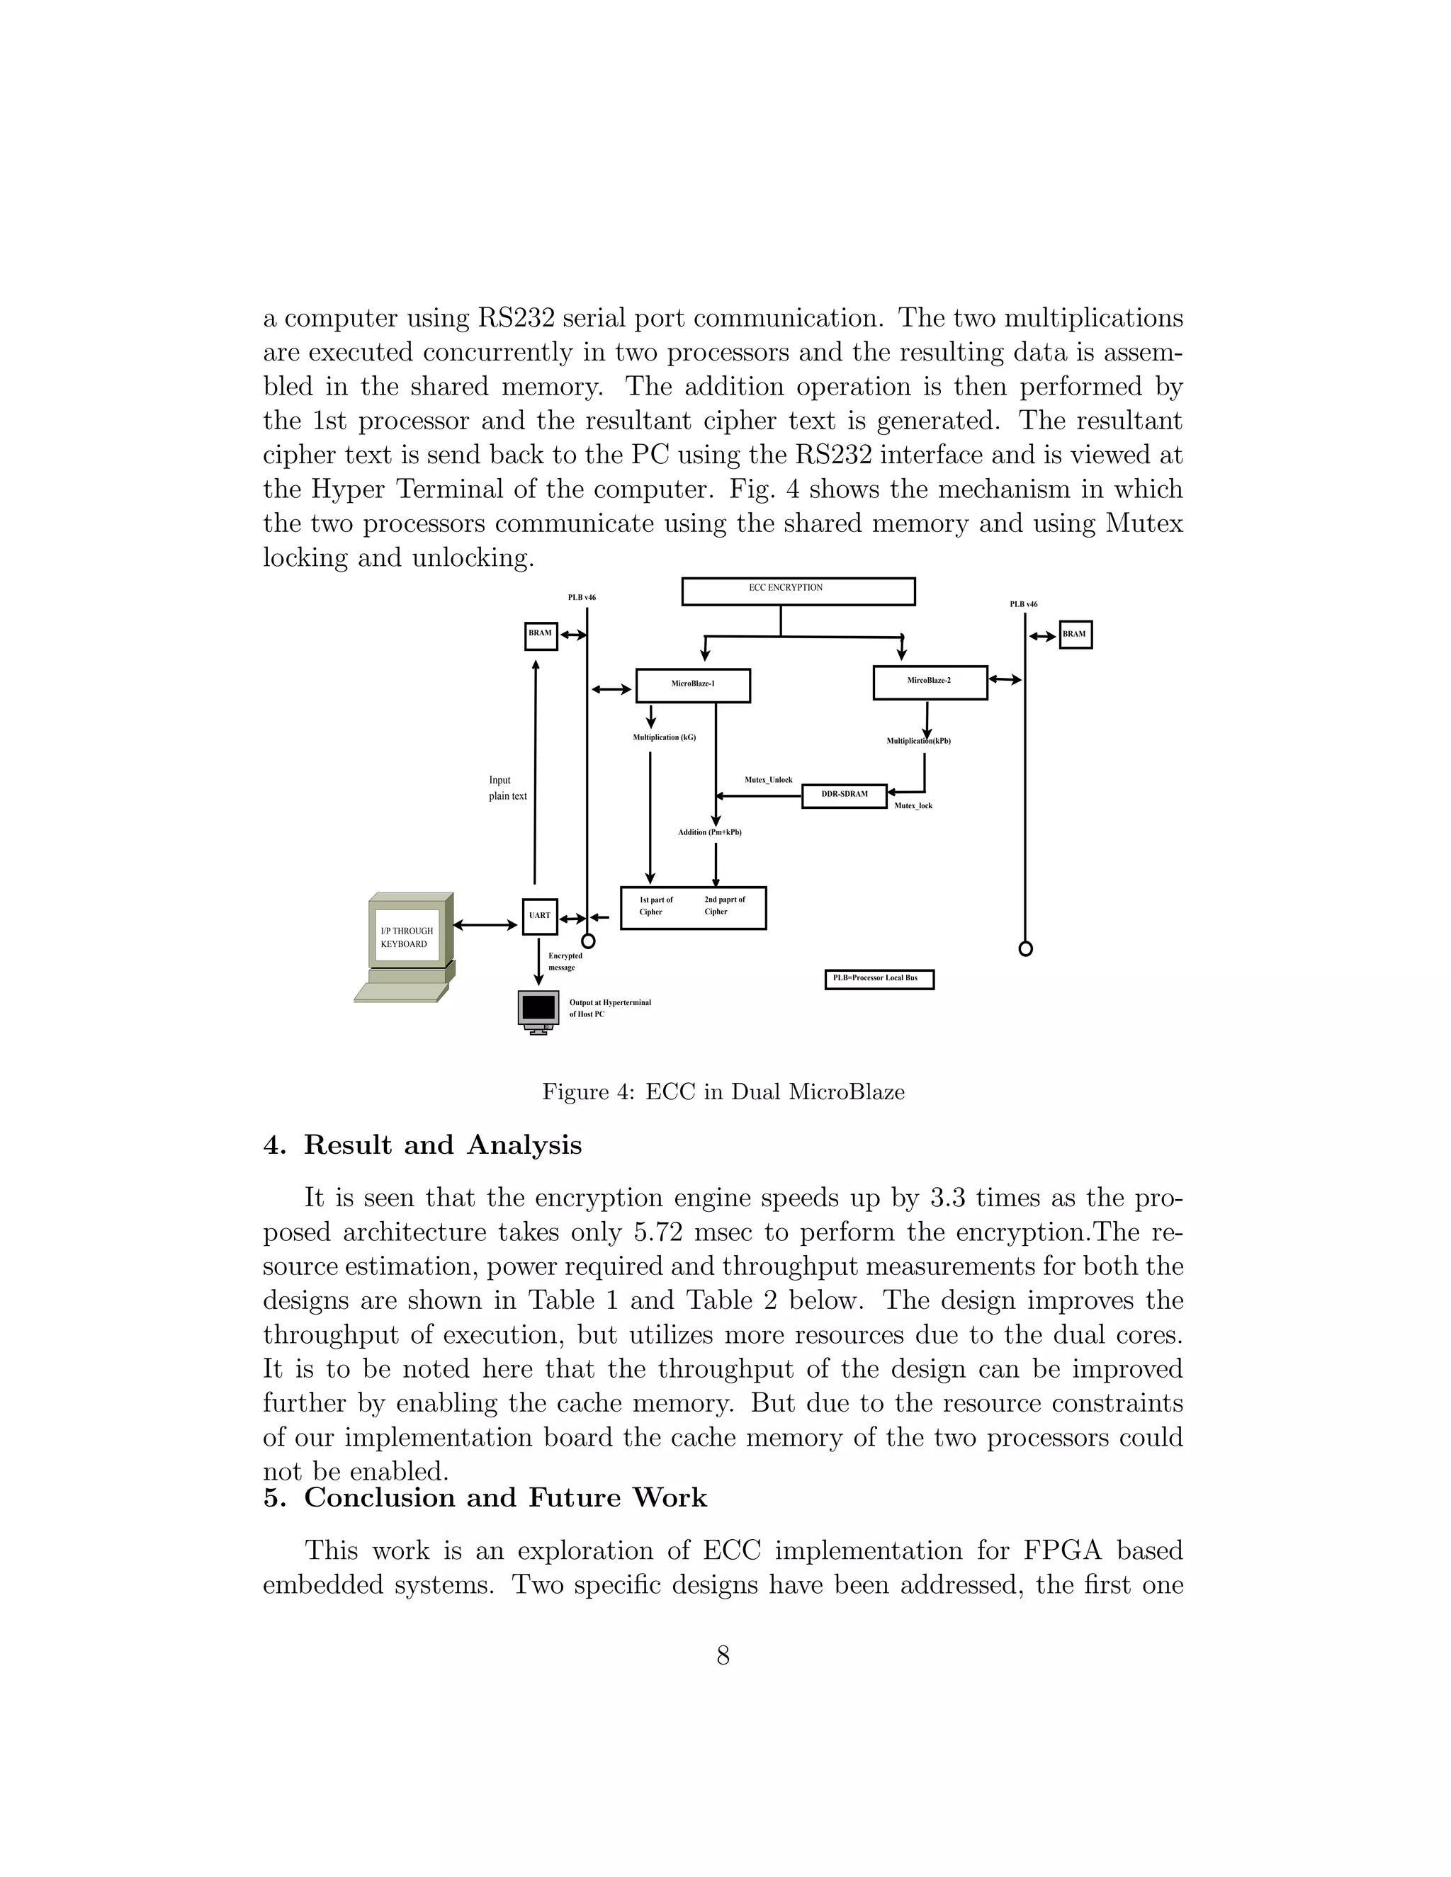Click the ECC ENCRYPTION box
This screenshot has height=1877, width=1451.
[798, 591]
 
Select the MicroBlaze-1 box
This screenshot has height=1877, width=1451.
[693, 685]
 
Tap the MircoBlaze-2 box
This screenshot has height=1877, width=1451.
[930, 681]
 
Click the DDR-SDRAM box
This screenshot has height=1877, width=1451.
[844, 795]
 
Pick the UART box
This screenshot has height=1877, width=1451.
[540, 916]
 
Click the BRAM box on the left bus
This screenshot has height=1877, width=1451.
[541, 635]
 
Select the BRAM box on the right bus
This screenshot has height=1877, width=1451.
[1075, 634]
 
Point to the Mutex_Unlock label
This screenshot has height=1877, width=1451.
[769, 780]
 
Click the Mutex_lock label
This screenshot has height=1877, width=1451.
[913, 806]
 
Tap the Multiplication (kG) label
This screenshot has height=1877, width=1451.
[665, 737]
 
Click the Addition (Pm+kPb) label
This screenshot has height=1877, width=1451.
[709, 832]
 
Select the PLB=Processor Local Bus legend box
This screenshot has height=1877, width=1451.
[879, 979]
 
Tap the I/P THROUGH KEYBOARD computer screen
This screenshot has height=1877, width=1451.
[407, 937]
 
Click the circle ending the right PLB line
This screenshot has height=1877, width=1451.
[1024, 949]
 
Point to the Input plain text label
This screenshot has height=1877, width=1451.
[507, 788]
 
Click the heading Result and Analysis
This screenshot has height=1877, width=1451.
[442, 1145]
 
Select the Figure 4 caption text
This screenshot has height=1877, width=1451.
[723, 1092]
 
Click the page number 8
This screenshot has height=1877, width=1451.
[723, 1655]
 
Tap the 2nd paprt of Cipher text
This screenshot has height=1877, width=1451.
[724, 906]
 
